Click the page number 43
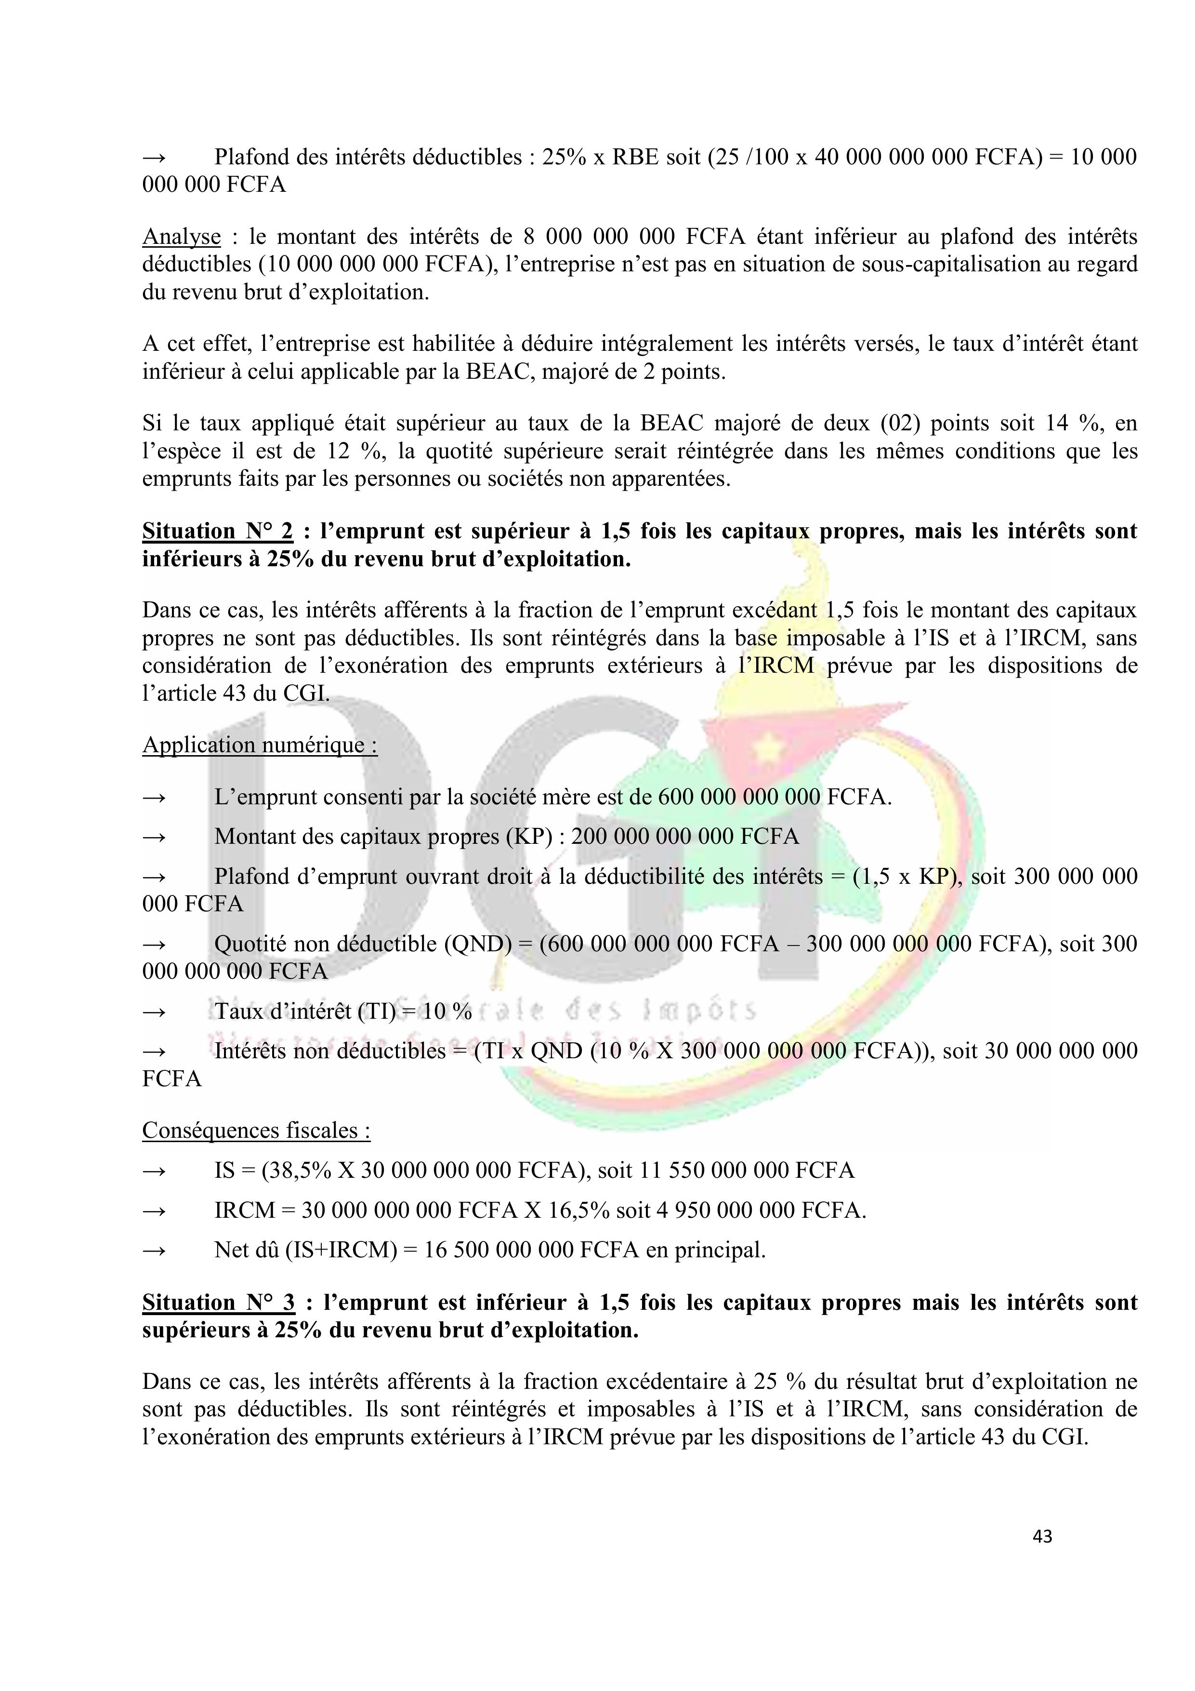pyautogui.click(x=1042, y=1536)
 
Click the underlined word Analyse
pyautogui.click(x=181, y=237)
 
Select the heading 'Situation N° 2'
pyautogui.click(x=217, y=531)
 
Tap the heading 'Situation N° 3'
pyautogui.click(x=218, y=1303)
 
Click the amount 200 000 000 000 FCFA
pyautogui.click(x=685, y=837)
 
